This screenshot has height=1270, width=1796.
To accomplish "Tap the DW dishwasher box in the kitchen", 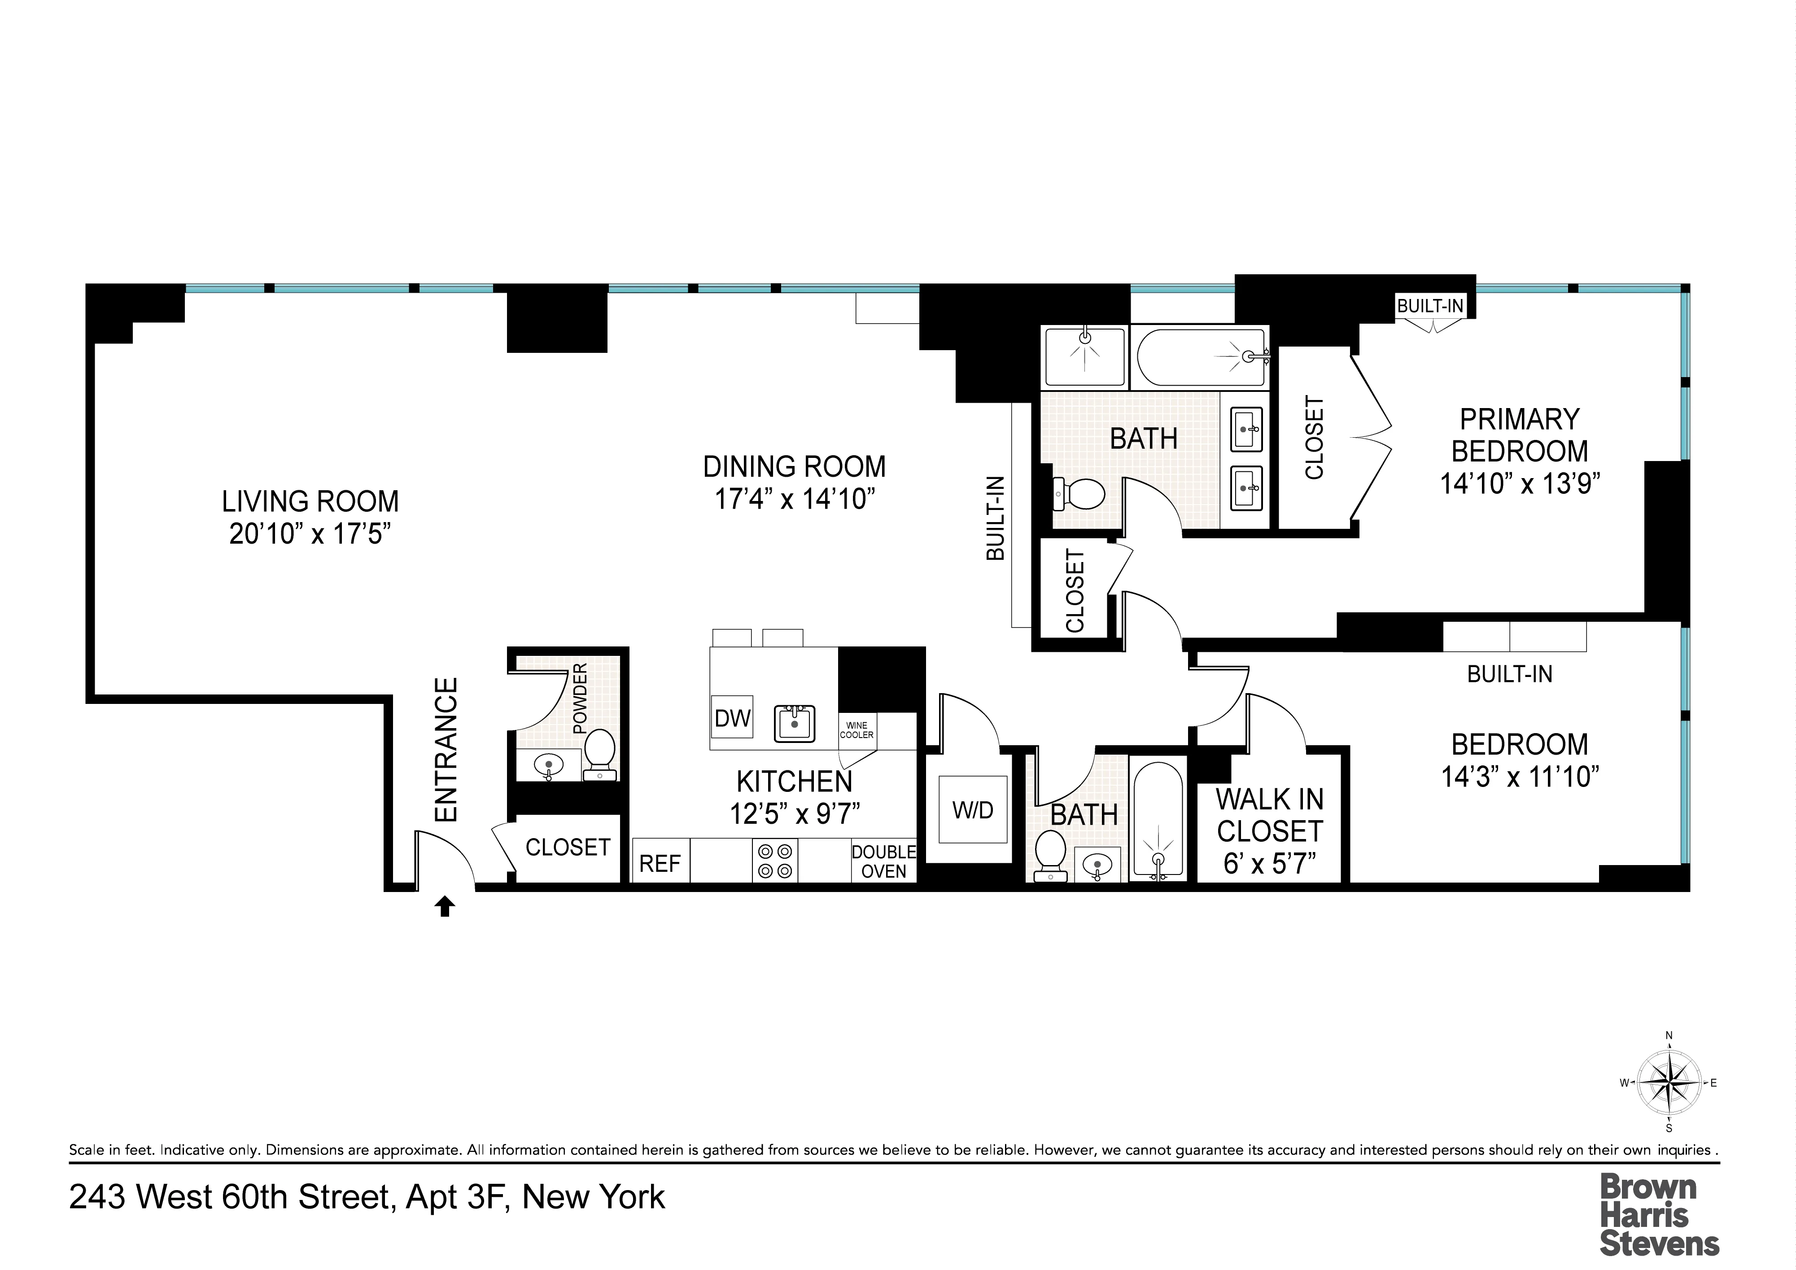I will tap(732, 717).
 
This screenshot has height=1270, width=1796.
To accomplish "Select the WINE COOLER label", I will tap(856, 730).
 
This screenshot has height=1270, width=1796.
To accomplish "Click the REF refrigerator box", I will tap(660, 863).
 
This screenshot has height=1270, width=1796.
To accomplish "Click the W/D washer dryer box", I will tap(972, 810).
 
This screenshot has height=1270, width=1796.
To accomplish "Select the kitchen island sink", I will tap(795, 723).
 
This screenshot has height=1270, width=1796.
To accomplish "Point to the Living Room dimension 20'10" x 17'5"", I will tap(310, 534).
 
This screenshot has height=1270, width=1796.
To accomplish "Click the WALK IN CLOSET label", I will tap(1269, 815).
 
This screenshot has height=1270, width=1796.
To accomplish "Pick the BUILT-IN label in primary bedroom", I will tap(1430, 306).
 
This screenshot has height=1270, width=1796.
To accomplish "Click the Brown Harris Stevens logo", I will tap(1658, 1215).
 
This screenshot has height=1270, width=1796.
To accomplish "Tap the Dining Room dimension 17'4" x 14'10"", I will tap(794, 498).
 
